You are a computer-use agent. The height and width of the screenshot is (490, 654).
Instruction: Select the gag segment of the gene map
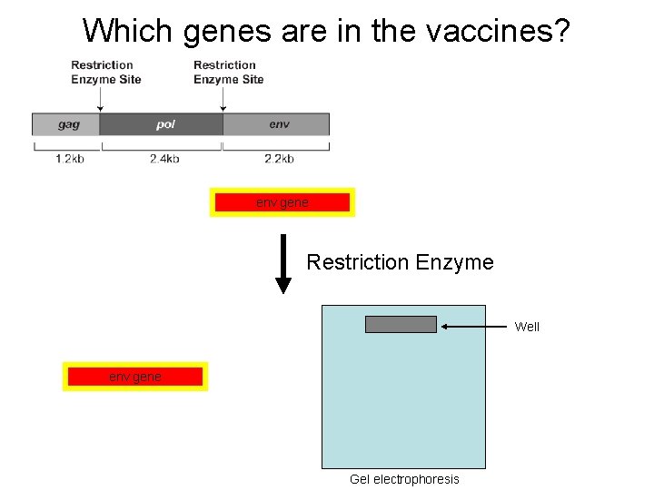[x=66, y=124]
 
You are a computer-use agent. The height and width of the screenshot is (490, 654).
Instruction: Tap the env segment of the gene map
[x=277, y=124]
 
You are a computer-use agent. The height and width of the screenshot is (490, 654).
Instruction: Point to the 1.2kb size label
[x=70, y=159]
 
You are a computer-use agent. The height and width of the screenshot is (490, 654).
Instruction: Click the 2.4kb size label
[x=164, y=159]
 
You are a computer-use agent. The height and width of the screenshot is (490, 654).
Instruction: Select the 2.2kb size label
[x=279, y=159]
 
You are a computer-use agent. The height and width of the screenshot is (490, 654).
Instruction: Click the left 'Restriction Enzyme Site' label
[x=105, y=72]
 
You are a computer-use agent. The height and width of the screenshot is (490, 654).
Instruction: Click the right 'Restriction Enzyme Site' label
[x=228, y=72]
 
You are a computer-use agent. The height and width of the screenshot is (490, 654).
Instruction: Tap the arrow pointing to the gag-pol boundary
[x=100, y=100]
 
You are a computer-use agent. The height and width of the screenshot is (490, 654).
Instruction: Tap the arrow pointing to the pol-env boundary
[x=223, y=100]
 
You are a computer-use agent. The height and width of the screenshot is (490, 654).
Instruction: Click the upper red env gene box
[x=282, y=202]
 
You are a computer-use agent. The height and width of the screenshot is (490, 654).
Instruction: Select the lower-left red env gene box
[x=134, y=377]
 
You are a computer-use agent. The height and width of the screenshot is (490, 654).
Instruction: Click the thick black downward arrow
[x=283, y=264]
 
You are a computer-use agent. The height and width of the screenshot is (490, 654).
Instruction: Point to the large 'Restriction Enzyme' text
[x=400, y=263]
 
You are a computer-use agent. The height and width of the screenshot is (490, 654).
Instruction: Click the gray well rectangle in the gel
[x=401, y=325]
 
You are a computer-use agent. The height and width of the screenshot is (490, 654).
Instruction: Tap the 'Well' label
[x=527, y=327]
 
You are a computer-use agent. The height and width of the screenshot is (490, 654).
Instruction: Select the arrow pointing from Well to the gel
[x=472, y=326]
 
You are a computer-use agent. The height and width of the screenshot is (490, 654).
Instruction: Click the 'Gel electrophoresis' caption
[x=404, y=479]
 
